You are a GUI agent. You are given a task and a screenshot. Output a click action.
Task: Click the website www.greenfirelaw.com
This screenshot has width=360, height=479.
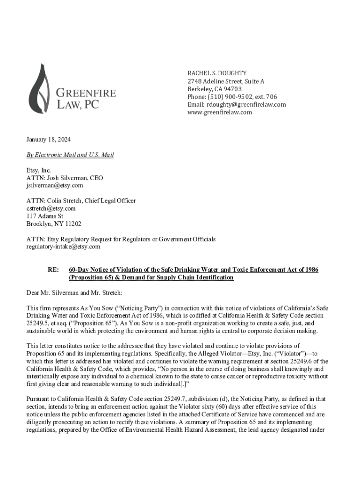[220, 112]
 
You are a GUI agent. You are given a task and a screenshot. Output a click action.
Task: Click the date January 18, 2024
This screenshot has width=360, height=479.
[49, 140]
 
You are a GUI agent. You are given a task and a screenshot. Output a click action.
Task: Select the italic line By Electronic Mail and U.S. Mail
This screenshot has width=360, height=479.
[70, 155]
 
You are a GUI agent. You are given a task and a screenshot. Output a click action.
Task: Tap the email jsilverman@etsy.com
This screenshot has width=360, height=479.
[55, 185]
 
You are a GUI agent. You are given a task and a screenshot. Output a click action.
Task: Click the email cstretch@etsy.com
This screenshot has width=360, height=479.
[51, 208]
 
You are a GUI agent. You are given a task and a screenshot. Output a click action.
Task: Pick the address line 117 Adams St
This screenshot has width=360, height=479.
[45, 216]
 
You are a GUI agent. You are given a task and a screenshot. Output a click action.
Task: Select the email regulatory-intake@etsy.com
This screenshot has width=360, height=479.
[63, 247]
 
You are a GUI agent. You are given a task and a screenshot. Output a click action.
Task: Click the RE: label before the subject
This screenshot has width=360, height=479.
[53, 270]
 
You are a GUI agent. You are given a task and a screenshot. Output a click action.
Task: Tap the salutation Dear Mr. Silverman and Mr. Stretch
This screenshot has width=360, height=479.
[74, 292]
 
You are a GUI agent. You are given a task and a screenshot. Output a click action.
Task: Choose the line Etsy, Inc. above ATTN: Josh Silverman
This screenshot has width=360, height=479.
[38, 170]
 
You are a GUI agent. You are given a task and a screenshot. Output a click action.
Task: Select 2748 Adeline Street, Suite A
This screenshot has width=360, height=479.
[226, 81]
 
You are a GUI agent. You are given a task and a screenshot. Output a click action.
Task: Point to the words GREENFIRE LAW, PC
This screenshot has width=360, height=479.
[86, 98]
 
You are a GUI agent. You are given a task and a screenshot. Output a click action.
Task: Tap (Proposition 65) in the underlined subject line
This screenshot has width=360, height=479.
[93, 277]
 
